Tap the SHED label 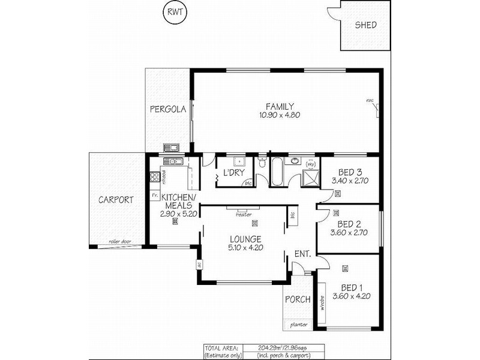click(365, 25)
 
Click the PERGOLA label click(167, 110)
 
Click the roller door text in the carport click(120, 242)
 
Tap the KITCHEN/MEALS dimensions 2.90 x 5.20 click(175, 213)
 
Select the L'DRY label click(233, 173)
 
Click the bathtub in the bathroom click(278, 172)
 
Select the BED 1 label click(352, 287)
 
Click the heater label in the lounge click(244, 214)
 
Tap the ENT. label click(302, 254)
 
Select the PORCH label click(298, 299)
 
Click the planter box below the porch click(298, 325)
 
